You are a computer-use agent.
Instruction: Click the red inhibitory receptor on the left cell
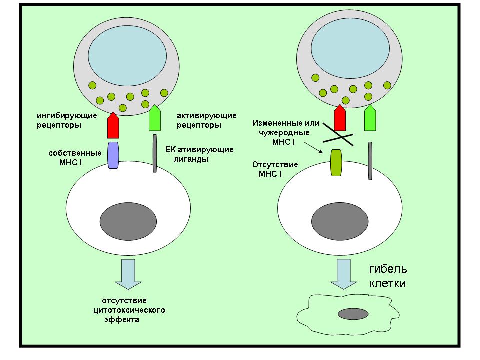click(x=113, y=125)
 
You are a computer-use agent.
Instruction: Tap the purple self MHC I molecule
click(x=113, y=155)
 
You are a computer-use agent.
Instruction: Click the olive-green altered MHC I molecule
click(x=336, y=163)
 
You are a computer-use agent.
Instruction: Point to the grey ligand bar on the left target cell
click(x=155, y=153)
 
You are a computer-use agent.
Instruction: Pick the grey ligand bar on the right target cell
click(x=370, y=161)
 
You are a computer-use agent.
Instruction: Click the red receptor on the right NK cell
click(x=340, y=118)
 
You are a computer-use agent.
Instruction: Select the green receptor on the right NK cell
click(x=370, y=118)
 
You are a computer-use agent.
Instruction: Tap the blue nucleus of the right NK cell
click(x=350, y=48)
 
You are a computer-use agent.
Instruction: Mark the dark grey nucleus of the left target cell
click(x=128, y=221)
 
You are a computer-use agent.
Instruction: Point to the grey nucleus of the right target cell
click(x=340, y=221)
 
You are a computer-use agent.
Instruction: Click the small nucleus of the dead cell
click(x=353, y=314)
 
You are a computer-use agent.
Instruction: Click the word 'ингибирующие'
click(x=67, y=116)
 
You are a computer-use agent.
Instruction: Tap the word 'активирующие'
click(x=207, y=116)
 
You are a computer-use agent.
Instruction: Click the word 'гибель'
click(x=388, y=269)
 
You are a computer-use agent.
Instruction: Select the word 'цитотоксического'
click(x=129, y=310)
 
